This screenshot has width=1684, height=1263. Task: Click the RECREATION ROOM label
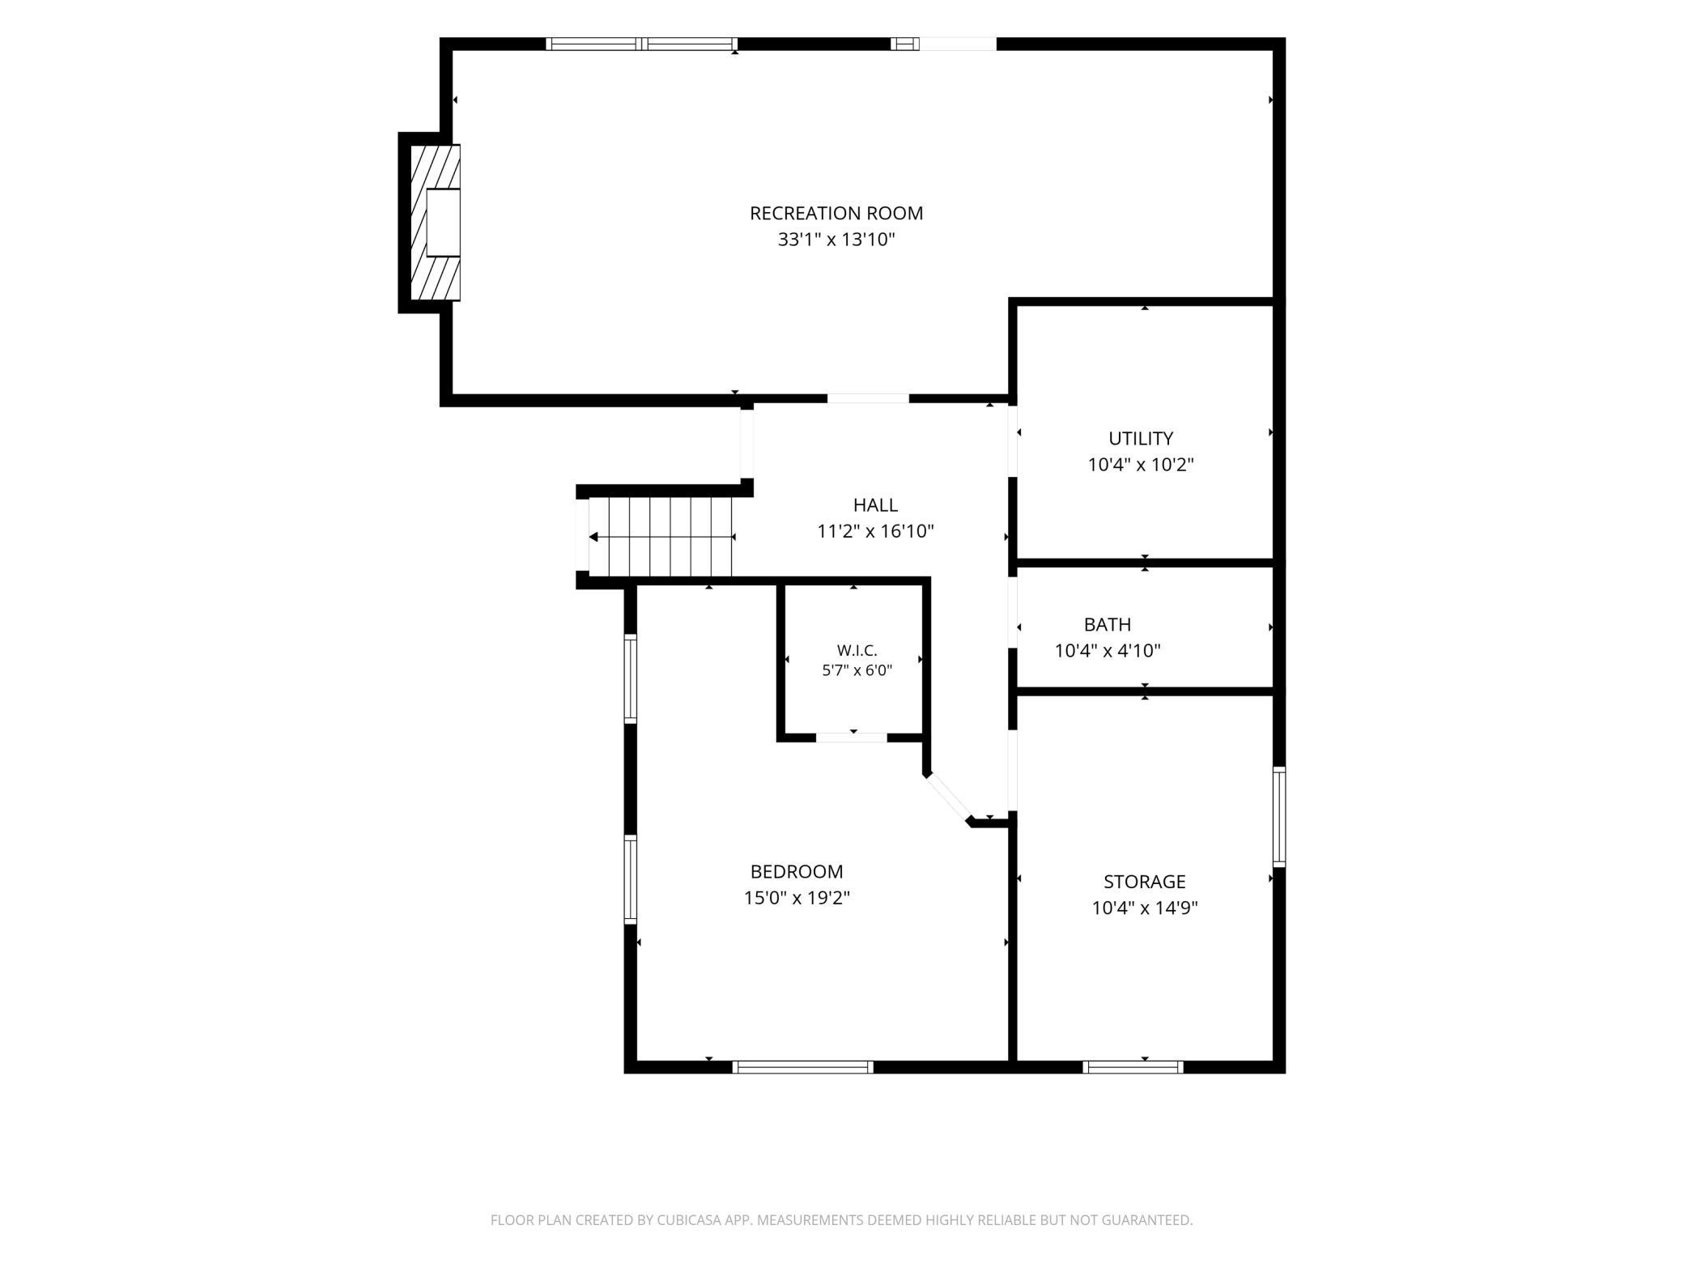click(x=836, y=213)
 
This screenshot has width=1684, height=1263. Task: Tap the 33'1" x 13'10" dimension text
click(x=836, y=240)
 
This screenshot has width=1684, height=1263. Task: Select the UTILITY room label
click(x=1141, y=438)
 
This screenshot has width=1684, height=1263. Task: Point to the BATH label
click(x=1108, y=624)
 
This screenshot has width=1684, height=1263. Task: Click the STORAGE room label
click(x=1144, y=882)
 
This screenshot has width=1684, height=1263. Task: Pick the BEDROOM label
click(x=797, y=872)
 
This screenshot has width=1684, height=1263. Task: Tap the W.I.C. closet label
click(x=857, y=650)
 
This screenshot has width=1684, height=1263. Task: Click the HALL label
click(x=875, y=505)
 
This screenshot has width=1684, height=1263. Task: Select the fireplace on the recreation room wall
click(x=436, y=223)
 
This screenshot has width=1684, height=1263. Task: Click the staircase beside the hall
click(x=660, y=537)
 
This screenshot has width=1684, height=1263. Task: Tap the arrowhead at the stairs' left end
click(x=593, y=537)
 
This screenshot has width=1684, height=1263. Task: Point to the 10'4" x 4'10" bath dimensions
click(x=1108, y=651)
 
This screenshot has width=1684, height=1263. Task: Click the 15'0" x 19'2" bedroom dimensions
click(x=797, y=898)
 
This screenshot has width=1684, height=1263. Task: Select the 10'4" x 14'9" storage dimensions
click(x=1144, y=908)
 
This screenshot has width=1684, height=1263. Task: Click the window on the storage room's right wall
click(x=1279, y=817)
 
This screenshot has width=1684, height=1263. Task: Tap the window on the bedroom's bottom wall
click(x=803, y=1067)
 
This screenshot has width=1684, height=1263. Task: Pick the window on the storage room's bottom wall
click(x=1133, y=1067)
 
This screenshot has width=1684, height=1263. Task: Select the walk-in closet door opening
click(x=852, y=737)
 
